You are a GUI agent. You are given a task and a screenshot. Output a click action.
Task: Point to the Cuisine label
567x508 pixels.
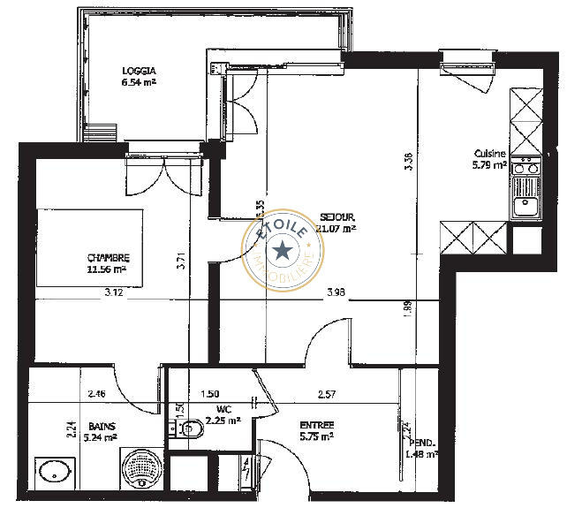pos(489,153)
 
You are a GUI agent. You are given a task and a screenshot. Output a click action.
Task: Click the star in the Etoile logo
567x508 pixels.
pos(283,251)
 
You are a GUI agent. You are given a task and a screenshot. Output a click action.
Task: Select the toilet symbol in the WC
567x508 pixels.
pos(189,430)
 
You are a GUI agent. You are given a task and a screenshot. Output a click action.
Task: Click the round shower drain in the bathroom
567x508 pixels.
pos(140,467)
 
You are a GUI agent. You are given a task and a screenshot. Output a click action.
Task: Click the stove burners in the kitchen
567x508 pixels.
pos(526,166)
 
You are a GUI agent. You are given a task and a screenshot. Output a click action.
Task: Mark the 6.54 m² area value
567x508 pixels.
pos(140,82)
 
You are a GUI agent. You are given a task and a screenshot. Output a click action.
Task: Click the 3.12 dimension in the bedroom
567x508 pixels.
pos(113,292)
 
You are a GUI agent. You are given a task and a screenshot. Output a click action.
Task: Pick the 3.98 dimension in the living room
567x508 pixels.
pos(336,292)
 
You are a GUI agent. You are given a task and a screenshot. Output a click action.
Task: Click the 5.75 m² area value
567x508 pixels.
pos(315,436)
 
